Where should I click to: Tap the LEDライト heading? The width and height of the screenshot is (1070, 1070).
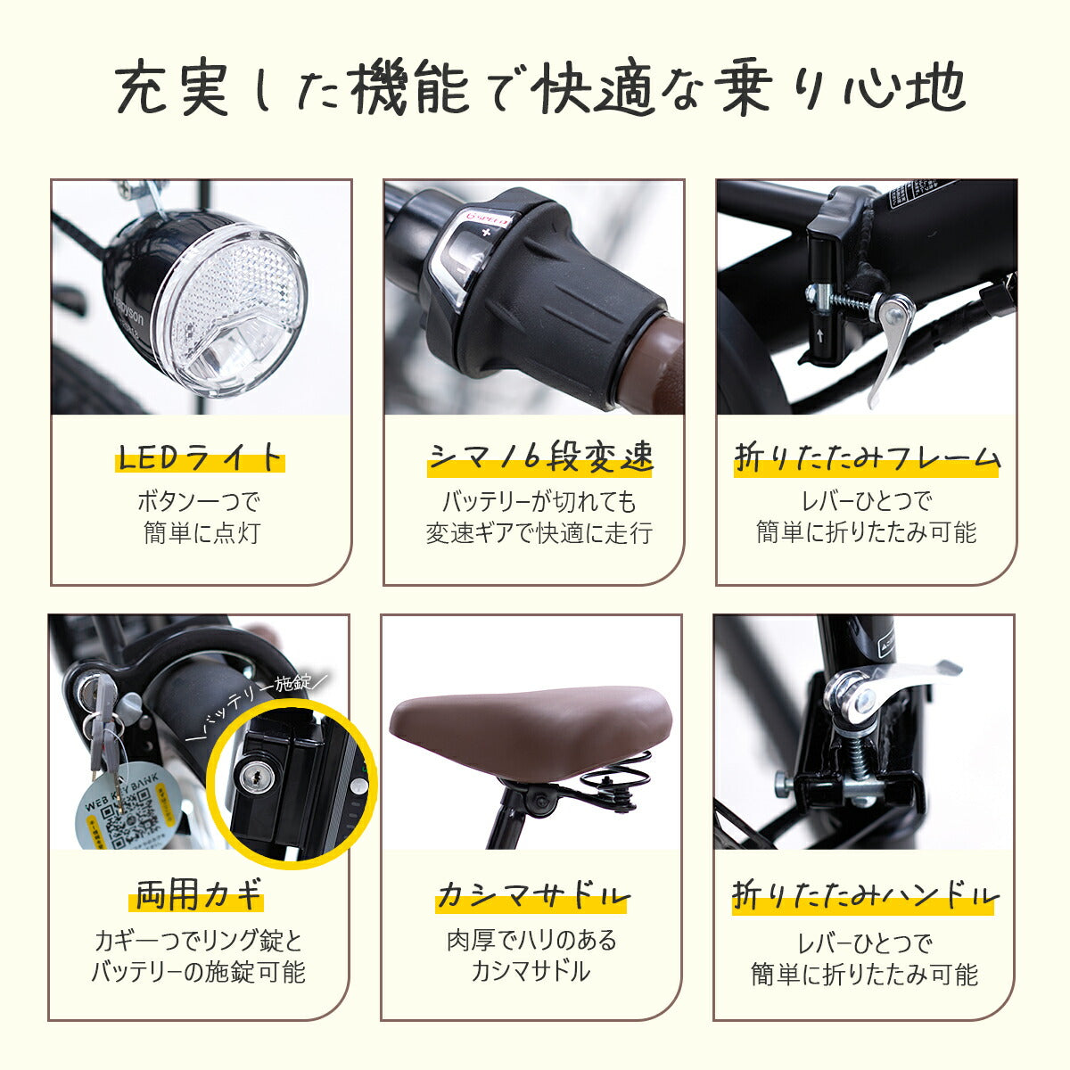click(x=199, y=458)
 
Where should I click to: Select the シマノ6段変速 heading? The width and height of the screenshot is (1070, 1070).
click(x=540, y=458)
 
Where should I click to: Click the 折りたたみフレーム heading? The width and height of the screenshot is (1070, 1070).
click(x=867, y=458)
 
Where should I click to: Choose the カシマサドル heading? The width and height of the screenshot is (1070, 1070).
click(x=532, y=894)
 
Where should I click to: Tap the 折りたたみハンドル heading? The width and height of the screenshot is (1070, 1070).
click(x=864, y=894)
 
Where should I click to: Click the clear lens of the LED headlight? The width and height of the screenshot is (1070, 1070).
click(x=234, y=308)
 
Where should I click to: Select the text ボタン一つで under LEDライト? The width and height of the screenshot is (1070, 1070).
click(x=199, y=501)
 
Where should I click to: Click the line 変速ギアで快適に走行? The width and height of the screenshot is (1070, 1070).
click(x=539, y=533)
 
